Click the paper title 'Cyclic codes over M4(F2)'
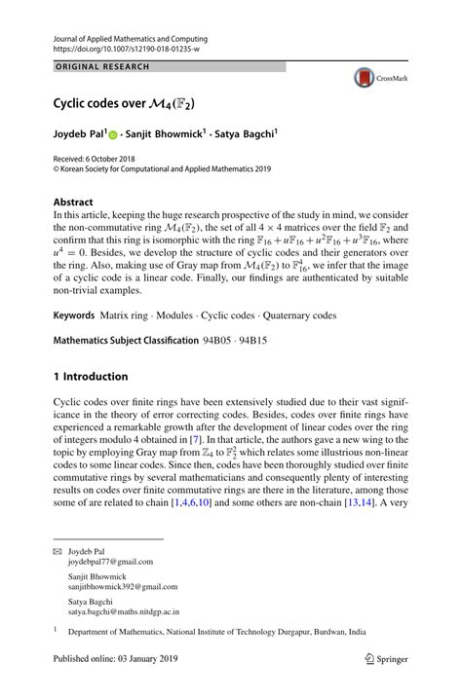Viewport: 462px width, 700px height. click(x=123, y=101)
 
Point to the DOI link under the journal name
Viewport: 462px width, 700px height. click(x=121, y=46)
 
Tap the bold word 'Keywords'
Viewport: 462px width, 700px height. click(x=74, y=316)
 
